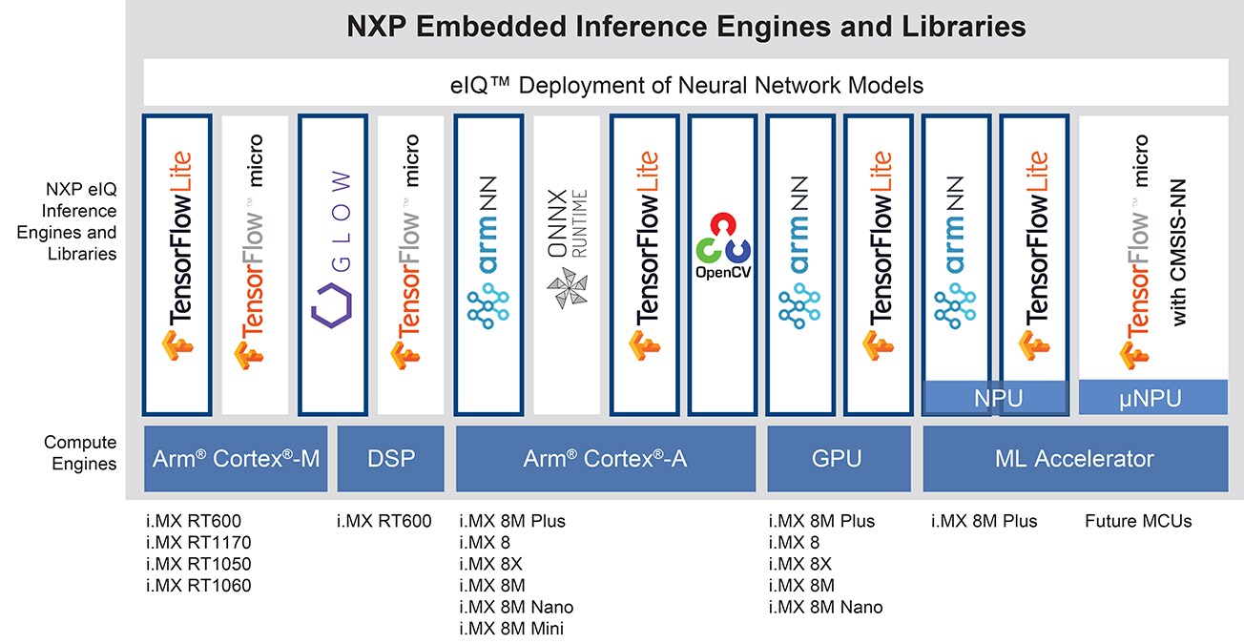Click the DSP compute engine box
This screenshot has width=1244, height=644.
(391, 458)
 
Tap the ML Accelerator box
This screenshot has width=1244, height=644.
(1075, 458)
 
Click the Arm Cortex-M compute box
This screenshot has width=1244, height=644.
(236, 458)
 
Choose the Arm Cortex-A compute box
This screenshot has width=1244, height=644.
(606, 458)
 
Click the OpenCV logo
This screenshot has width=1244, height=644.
(722, 246)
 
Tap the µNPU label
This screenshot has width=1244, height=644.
(1152, 398)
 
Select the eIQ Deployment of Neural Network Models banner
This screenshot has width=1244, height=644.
(686, 85)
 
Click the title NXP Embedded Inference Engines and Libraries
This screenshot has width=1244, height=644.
(685, 27)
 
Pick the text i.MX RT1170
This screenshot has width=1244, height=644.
(198, 543)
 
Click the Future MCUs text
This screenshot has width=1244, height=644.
(1138, 521)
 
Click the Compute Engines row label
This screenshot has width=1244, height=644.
(80, 453)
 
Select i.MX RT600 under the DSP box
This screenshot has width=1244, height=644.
(384, 521)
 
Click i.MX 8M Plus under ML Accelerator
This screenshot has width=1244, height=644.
(984, 521)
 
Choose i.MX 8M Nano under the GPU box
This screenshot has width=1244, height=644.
(825, 607)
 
